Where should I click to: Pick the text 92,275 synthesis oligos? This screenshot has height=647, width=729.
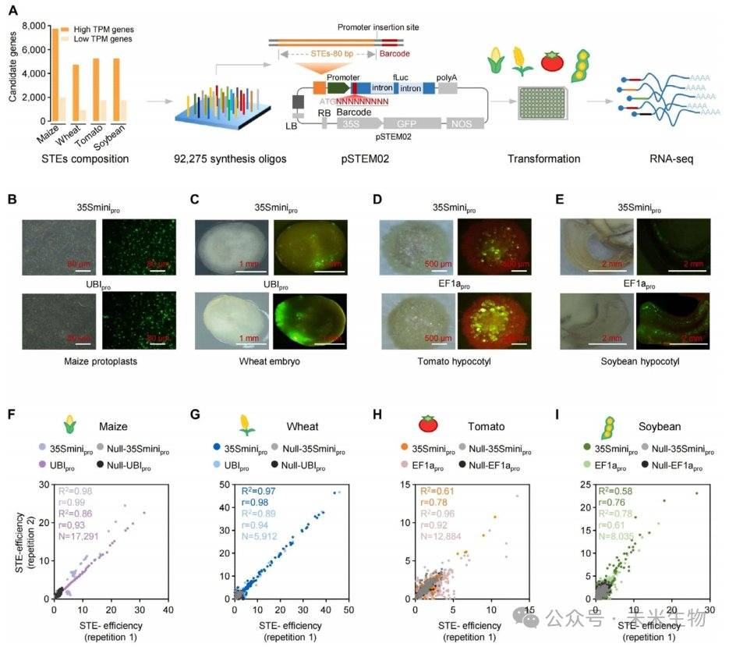coord(221,159)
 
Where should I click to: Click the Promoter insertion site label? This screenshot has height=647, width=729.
coord(379,27)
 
